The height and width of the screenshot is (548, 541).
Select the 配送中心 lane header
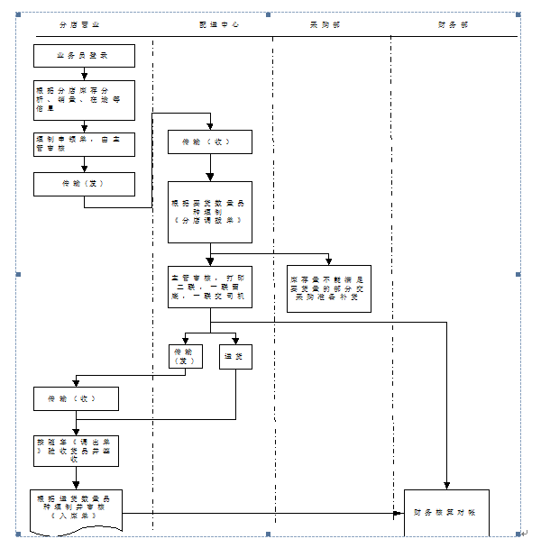pyautogui.click(x=219, y=25)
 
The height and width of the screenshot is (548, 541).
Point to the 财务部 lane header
pyautogui.click(x=454, y=25)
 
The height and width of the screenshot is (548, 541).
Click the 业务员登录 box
pyautogui.click(x=84, y=56)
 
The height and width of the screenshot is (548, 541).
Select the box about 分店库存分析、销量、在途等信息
pyautogui.click(x=84, y=100)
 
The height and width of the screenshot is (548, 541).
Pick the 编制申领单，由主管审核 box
pyautogui.click(x=84, y=144)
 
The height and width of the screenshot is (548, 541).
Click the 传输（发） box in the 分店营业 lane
pyautogui.click(x=84, y=184)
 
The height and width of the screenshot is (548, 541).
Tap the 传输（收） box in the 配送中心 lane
pyautogui.click(x=209, y=142)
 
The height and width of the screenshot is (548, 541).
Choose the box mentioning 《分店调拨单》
pyautogui.click(x=209, y=212)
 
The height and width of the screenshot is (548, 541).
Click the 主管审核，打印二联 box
pyautogui.click(x=209, y=286)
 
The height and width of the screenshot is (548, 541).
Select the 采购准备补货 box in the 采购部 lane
pyautogui.click(x=328, y=288)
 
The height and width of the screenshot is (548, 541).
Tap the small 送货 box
pyautogui.click(x=237, y=358)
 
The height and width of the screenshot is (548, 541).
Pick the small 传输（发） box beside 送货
pyautogui.click(x=185, y=357)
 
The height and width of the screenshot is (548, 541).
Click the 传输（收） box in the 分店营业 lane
pyautogui.click(x=77, y=397)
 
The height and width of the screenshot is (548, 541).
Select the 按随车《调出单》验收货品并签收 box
pyautogui.click(x=77, y=451)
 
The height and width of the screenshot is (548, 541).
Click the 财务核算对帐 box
pyautogui.click(x=445, y=512)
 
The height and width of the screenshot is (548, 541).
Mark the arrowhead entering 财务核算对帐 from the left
pyautogui.click(x=399, y=513)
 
